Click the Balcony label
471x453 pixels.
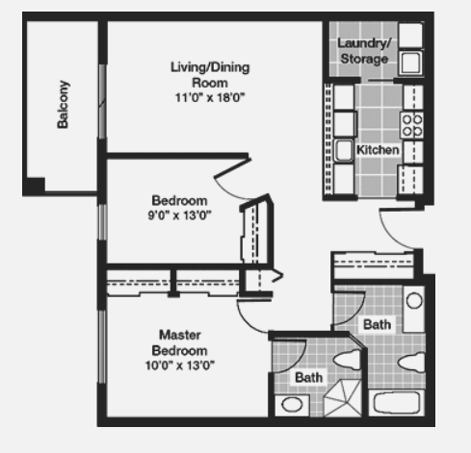coord(63,105)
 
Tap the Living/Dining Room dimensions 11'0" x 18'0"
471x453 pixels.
coord(210,97)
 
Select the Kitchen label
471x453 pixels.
coord(378,150)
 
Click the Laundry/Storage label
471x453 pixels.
coord(364,51)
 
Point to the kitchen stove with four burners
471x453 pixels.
coord(412,125)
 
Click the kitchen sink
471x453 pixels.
coord(344,150)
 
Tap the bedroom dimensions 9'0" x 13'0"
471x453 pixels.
coord(179,215)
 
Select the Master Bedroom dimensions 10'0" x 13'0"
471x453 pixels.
coord(180,365)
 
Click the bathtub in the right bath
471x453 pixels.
coord(397,403)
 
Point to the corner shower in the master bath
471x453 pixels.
coord(343,398)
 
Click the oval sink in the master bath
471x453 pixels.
coord(292,405)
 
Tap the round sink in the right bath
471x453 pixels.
coord(414,301)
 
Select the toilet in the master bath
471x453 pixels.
coord(348,359)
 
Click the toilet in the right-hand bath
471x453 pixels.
coord(412,363)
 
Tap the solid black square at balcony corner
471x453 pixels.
coord(35,186)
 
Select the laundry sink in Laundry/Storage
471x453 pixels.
coord(410,63)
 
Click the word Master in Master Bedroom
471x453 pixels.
coord(180,335)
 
